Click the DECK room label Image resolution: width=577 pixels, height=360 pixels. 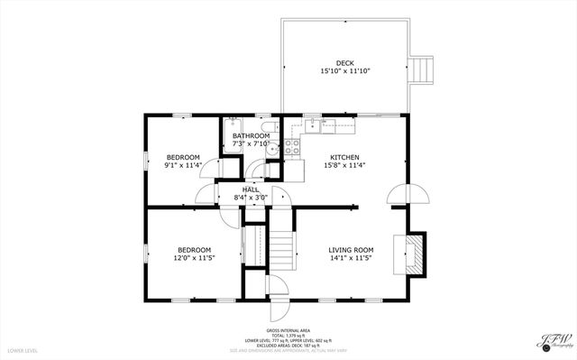point(344,62)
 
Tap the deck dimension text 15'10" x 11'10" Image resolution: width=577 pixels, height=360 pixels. point(344,71)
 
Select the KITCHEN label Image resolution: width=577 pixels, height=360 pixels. point(344,157)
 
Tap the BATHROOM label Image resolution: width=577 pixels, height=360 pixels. point(252,135)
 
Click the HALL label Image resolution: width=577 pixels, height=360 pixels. point(250,189)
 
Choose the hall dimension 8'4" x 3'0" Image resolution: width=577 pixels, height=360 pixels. point(251,198)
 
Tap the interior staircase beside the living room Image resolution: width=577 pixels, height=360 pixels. point(284,248)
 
